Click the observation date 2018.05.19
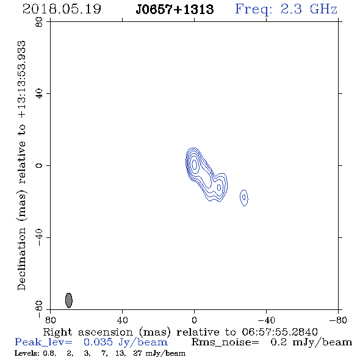(x=62, y=9)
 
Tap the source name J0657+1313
(x=175, y=9)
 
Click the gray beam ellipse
(x=69, y=300)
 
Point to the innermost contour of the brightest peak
(x=195, y=164)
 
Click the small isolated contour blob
(x=244, y=198)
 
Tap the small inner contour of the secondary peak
(x=219, y=187)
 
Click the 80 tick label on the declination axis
(x=39, y=22)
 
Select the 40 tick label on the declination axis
(x=39, y=94)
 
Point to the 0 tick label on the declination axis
(x=39, y=165)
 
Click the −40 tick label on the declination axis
(x=39, y=237)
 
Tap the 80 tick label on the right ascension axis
(x=50, y=320)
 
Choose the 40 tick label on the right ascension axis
(x=122, y=320)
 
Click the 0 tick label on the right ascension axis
(x=194, y=320)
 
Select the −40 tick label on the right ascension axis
(x=266, y=320)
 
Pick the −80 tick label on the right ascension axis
(x=338, y=320)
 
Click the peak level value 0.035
(x=98, y=342)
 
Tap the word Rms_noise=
(x=225, y=342)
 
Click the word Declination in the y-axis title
(x=21, y=259)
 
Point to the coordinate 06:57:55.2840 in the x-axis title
(x=279, y=332)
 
